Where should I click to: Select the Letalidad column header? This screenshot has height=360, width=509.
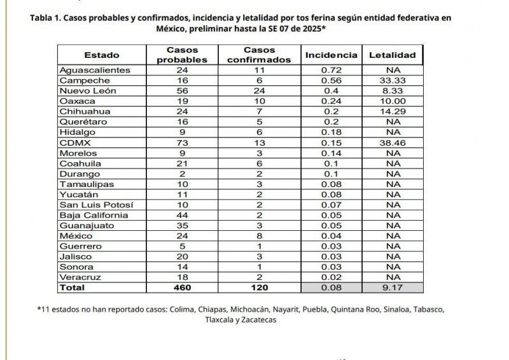click(393, 55)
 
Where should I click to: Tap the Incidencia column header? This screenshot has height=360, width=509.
click(331, 55)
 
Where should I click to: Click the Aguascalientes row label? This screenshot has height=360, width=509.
click(95, 70)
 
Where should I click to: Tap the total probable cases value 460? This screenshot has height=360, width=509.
click(182, 288)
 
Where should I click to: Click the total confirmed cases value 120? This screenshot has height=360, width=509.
click(267, 288)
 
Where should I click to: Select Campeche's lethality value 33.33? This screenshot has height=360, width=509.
click(393, 81)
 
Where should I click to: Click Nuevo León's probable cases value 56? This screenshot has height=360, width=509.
click(182, 91)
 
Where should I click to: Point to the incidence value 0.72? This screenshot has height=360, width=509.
click(331, 70)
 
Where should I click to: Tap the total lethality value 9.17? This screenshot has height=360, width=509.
click(393, 288)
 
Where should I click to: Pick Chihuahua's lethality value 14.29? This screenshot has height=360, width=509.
click(393, 112)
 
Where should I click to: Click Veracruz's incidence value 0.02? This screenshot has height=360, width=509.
click(331, 277)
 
